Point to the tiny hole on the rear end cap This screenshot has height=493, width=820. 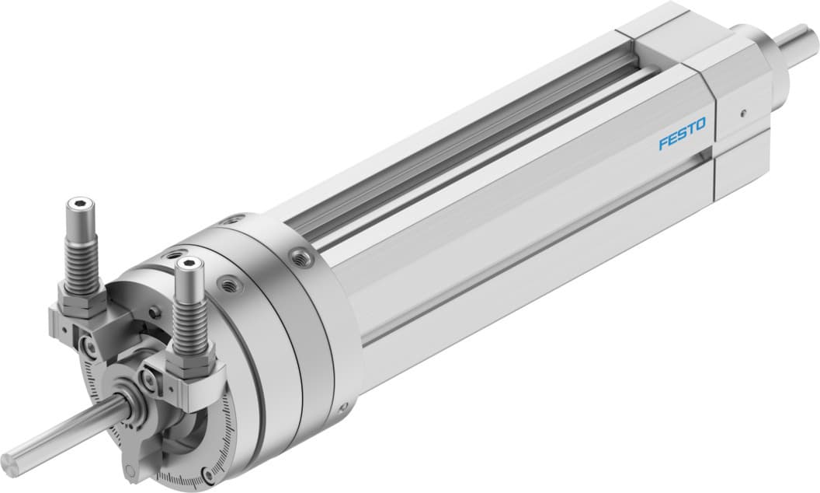(x=743, y=112)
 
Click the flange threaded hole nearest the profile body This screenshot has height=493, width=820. (x=299, y=255)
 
